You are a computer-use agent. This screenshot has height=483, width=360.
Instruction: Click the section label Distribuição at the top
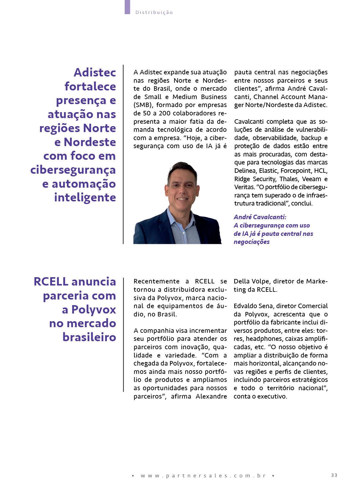[x=154, y=12]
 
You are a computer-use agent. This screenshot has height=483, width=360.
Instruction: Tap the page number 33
[x=334, y=475]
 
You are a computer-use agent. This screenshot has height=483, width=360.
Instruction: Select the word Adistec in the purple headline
[x=95, y=72]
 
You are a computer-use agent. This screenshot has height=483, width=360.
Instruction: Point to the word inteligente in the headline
[x=85, y=197]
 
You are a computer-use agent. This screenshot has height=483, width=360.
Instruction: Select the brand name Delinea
[x=245, y=171]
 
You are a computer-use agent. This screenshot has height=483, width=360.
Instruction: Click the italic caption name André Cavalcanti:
[x=260, y=217]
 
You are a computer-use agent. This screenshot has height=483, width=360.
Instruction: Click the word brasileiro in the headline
[x=89, y=338]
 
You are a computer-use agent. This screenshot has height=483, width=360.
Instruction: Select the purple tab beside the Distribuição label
[x=127, y=7]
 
